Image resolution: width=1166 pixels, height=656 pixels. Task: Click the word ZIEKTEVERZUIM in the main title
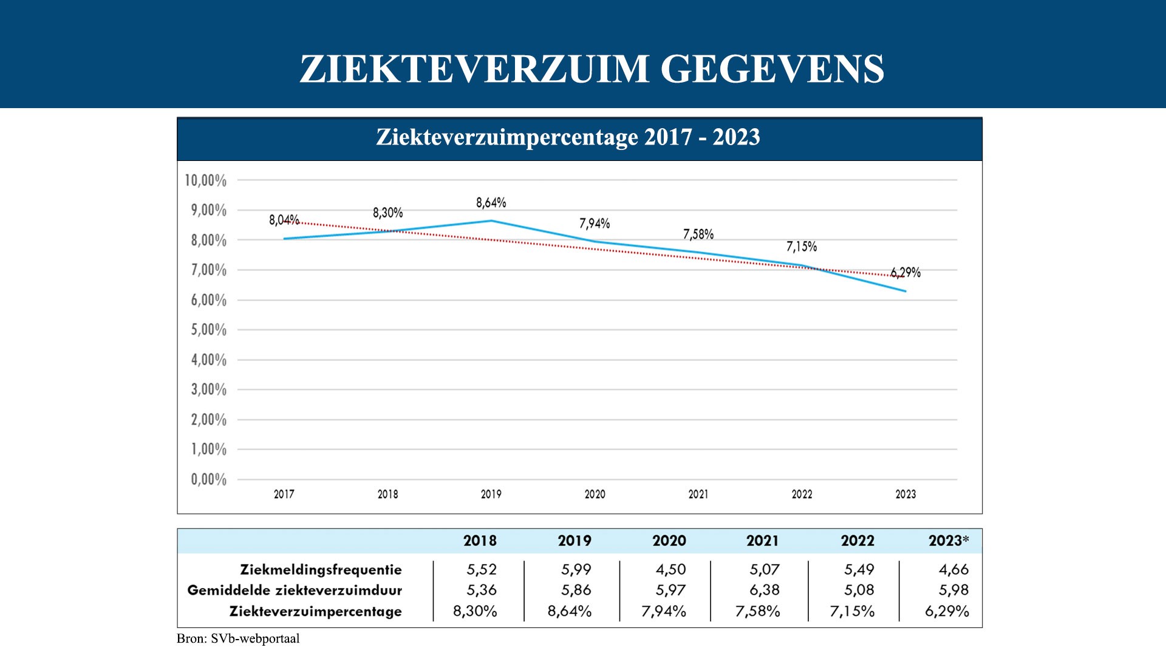[x=474, y=69]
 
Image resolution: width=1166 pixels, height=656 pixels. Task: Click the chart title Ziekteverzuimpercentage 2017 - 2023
[x=568, y=137]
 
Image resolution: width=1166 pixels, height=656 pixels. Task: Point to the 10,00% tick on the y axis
[x=206, y=180]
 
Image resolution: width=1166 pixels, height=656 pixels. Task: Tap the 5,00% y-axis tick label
[x=208, y=330]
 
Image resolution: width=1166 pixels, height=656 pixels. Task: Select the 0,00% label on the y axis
[x=208, y=479]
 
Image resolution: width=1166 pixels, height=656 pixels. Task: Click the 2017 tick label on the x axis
[x=284, y=494]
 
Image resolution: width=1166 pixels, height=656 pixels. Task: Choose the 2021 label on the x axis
[x=698, y=494]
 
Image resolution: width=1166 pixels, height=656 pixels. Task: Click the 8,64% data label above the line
[x=491, y=202]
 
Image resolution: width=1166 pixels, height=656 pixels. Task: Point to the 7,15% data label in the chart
[x=802, y=246]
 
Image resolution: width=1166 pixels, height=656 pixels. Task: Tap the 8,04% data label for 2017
[x=284, y=220]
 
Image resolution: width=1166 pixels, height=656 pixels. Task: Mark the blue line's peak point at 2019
[x=491, y=220]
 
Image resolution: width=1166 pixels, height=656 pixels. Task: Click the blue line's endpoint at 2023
[x=905, y=292]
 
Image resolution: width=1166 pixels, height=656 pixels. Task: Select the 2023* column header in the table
[x=949, y=541]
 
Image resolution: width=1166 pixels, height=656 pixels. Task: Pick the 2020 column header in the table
[x=669, y=541]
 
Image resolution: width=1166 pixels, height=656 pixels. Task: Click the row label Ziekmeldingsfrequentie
[x=321, y=570]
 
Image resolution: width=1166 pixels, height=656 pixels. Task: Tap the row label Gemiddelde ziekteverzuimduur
[x=295, y=590]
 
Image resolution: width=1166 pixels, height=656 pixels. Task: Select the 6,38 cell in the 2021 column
[x=764, y=590]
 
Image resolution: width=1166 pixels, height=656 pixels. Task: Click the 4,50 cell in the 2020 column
[x=670, y=570]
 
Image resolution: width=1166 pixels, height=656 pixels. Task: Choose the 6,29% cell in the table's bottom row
[x=947, y=611]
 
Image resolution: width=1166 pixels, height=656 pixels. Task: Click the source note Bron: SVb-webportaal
[x=238, y=638]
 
